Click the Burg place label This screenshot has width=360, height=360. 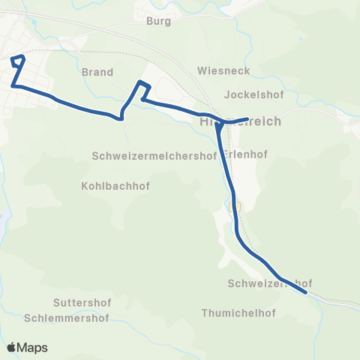point(159,22)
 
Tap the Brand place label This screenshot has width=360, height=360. point(97,73)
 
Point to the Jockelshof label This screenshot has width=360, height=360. point(251,95)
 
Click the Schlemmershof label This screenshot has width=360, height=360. point(67,317)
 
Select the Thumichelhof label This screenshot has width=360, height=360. point(238,313)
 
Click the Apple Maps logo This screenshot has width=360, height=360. point(27,347)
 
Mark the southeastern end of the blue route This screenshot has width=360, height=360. point(306,294)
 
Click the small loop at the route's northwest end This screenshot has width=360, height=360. point(18,61)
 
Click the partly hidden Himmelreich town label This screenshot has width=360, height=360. point(240,122)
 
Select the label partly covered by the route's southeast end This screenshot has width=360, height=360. point(269,283)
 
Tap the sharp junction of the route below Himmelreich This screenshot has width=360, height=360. point(217,125)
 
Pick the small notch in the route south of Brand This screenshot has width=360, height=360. point(120,117)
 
